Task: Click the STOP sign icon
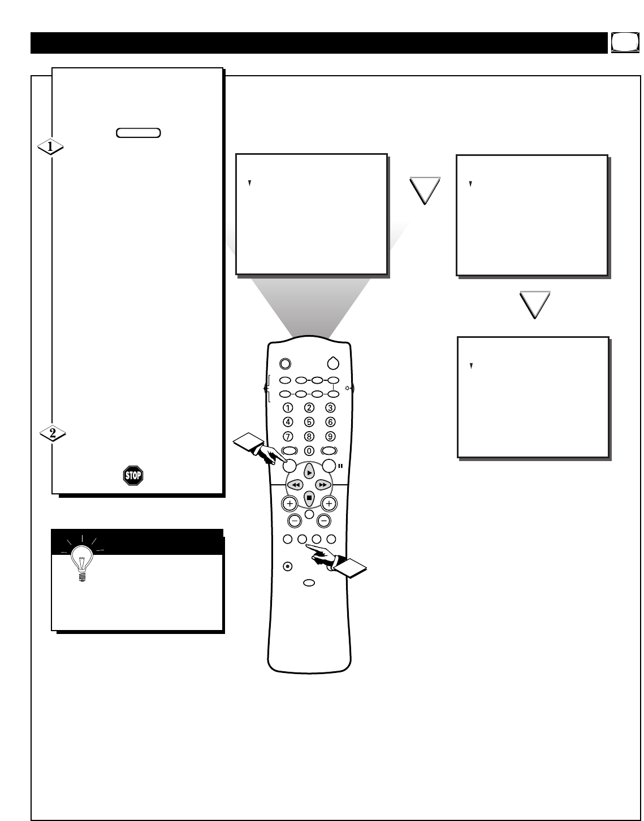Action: (x=133, y=476)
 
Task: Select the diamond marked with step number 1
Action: (x=50, y=147)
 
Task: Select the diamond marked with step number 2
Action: (x=53, y=434)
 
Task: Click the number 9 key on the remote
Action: (x=330, y=436)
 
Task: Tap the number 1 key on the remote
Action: (x=288, y=407)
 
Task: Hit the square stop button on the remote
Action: (x=309, y=498)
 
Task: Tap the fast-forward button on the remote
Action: (x=322, y=485)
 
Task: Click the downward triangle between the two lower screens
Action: (x=534, y=305)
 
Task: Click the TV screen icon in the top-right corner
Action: (x=621, y=42)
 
